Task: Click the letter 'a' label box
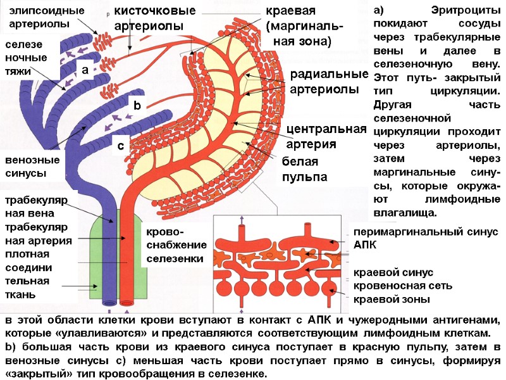tap(84, 70)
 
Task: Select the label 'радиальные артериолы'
tap(328, 82)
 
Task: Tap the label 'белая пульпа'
tap(305, 168)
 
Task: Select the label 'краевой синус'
tap(393, 272)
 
